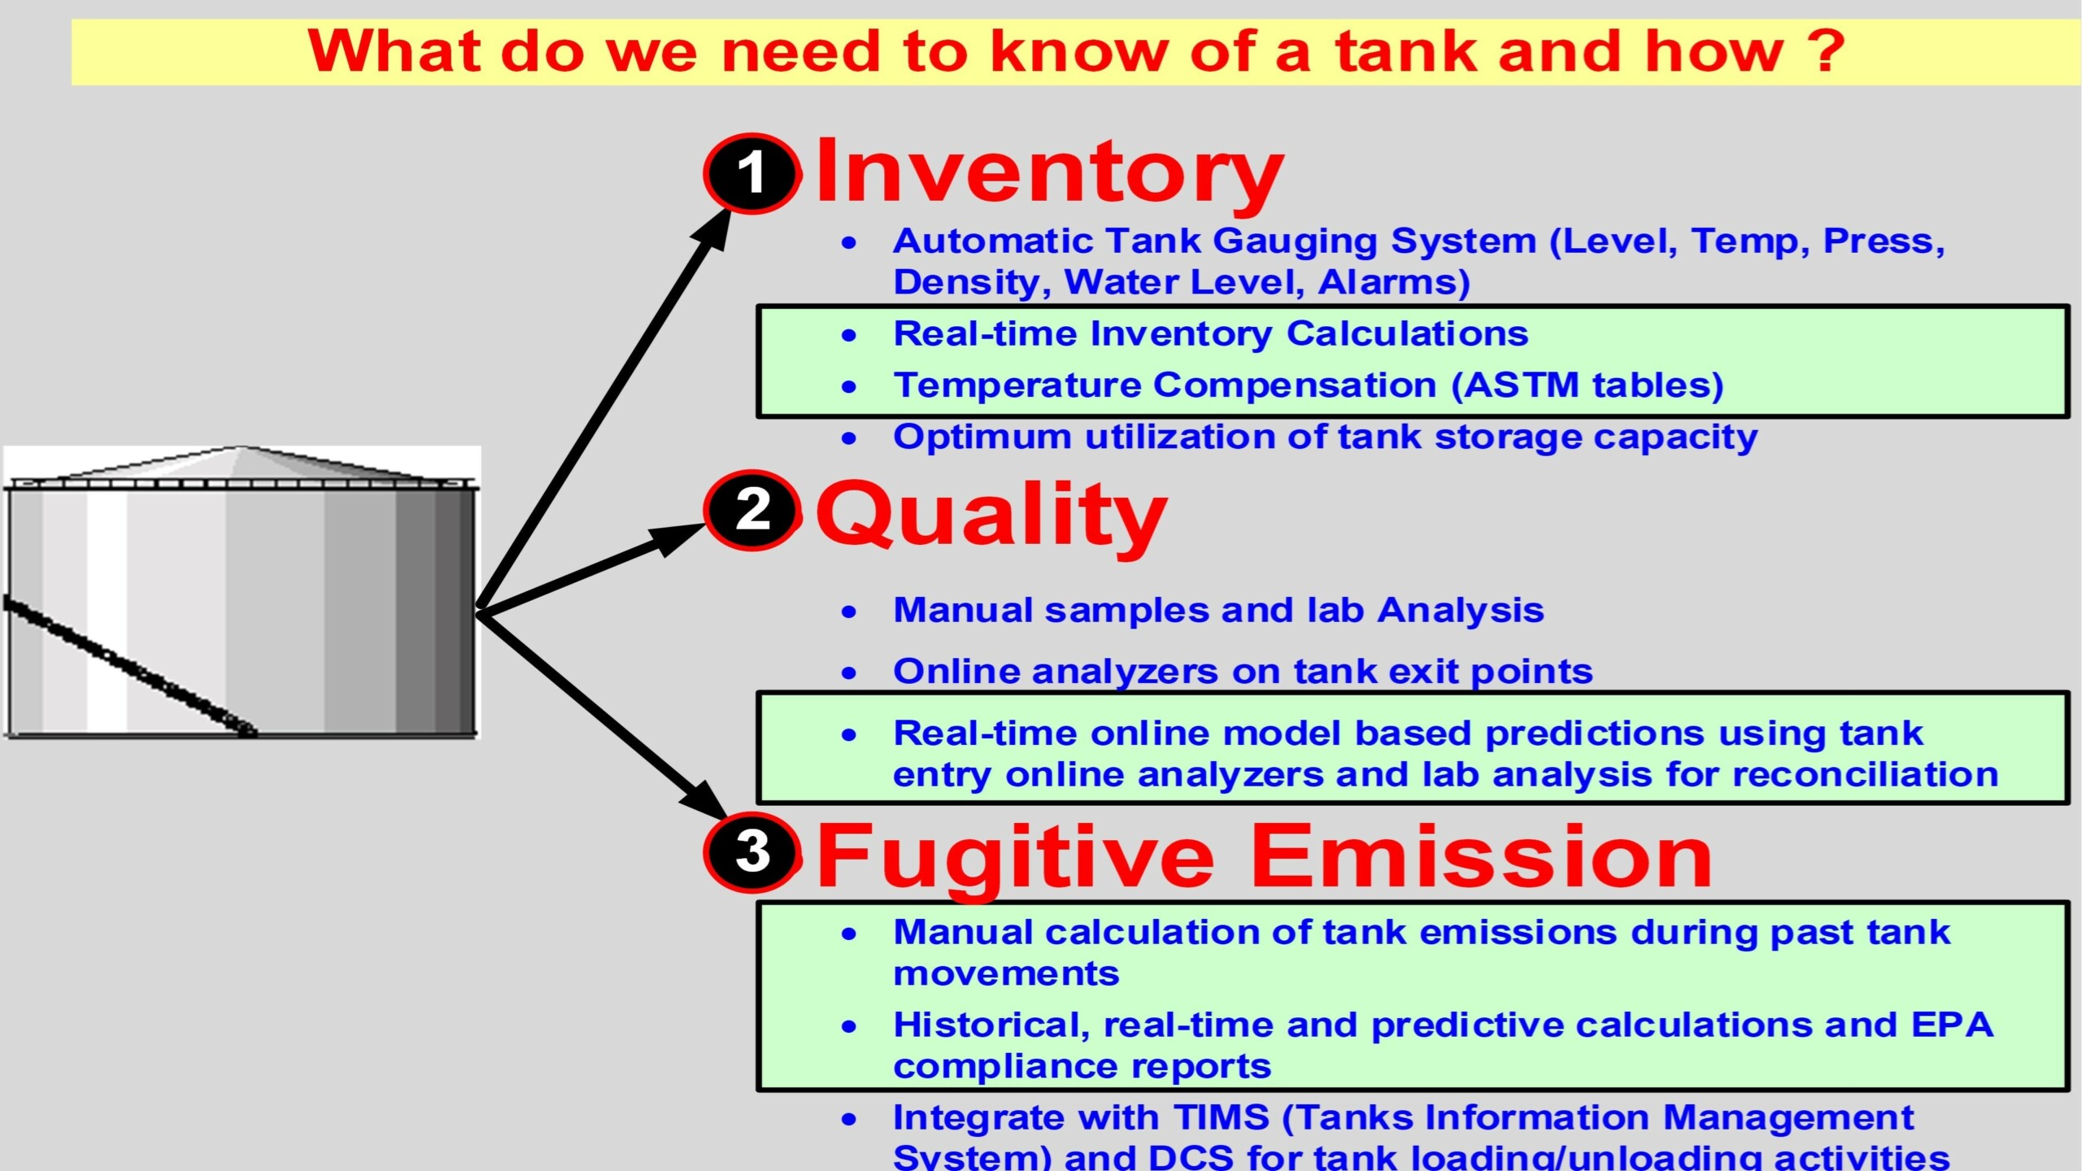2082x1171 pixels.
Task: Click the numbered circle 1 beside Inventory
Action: click(751, 173)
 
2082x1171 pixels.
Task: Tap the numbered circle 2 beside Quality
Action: click(751, 511)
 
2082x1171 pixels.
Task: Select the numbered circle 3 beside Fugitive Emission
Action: click(751, 852)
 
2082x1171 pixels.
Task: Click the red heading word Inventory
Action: click(1049, 172)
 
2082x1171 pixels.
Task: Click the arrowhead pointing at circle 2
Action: click(675, 538)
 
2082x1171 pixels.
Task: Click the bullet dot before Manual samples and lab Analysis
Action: click(849, 612)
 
